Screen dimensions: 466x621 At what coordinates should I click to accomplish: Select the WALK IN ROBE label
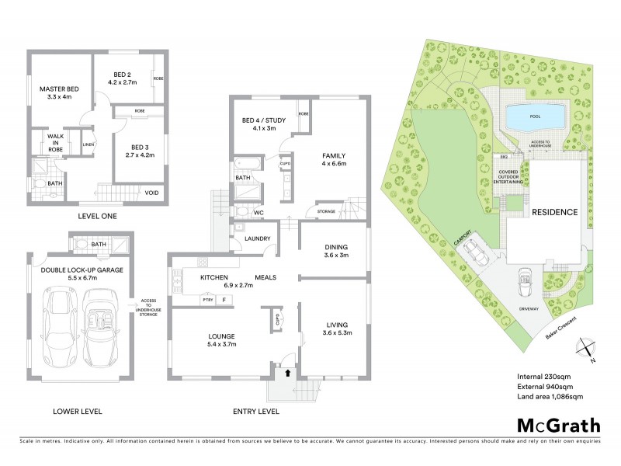[x=54, y=142]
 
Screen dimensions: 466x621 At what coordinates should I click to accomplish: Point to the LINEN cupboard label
[x=88, y=144]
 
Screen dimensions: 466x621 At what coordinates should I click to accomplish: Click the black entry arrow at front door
[x=289, y=373]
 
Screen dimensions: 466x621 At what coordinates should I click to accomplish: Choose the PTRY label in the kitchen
[x=207, y=299]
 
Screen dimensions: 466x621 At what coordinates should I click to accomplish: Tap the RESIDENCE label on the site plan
[x=554, y=211]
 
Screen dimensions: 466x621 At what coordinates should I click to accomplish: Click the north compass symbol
[x=588, y=347]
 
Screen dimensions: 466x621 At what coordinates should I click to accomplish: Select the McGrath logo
[x=558, y=425]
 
